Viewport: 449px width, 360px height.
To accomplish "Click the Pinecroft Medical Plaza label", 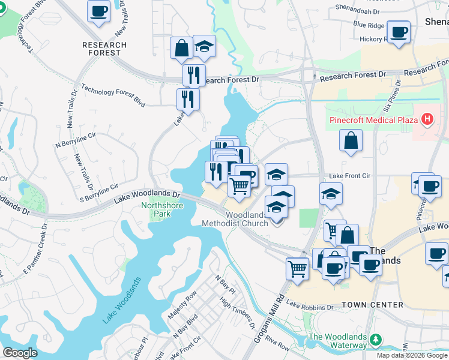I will pyautogui.click(x=373, y=120).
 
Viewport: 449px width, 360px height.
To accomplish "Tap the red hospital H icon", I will pyautogui.click(x=427, y=119).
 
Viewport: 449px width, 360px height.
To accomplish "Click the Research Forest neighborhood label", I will pyautogui.click(x=105, y=49).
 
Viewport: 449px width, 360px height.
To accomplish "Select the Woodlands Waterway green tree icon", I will pyautogui.click(x=376, y=340).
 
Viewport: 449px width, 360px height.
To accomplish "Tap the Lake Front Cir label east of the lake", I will pyautogui.click(x=351, y=176).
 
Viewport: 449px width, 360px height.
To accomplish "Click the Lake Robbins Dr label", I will pyautogui.click(x=309, y=306).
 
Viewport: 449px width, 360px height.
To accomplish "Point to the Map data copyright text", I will pyautogui.click(x=412, y=355).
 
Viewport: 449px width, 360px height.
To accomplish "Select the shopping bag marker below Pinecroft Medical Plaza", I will pyautogui.click(x=351, y=142).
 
